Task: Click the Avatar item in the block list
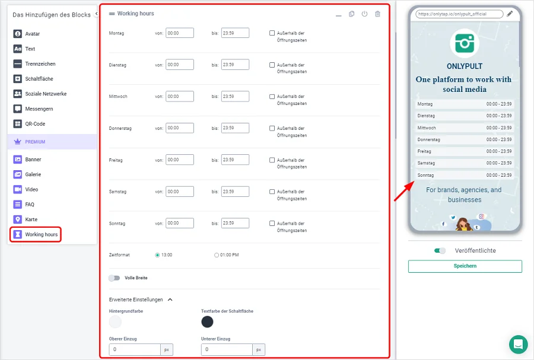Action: point(27,34)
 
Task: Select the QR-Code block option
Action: point(29,124)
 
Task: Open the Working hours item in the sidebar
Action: point(36,234)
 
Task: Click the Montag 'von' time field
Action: point(180,33)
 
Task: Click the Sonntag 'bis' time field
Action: point(235,223)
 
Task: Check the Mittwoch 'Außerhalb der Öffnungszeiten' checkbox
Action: point(272,97)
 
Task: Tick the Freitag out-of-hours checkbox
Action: point(272,160)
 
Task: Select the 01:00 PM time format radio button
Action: point(216,255)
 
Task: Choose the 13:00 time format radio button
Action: point(157,255)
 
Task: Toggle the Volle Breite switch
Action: point(115,278)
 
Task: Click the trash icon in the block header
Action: point(377,14)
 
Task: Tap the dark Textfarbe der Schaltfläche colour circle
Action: point(207,321)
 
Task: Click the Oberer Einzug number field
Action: point(135,349)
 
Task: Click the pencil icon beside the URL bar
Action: point(510,14)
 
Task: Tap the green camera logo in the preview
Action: point(465,43)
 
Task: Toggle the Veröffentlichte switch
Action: point(440,251)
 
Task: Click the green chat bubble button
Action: point(518,344)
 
